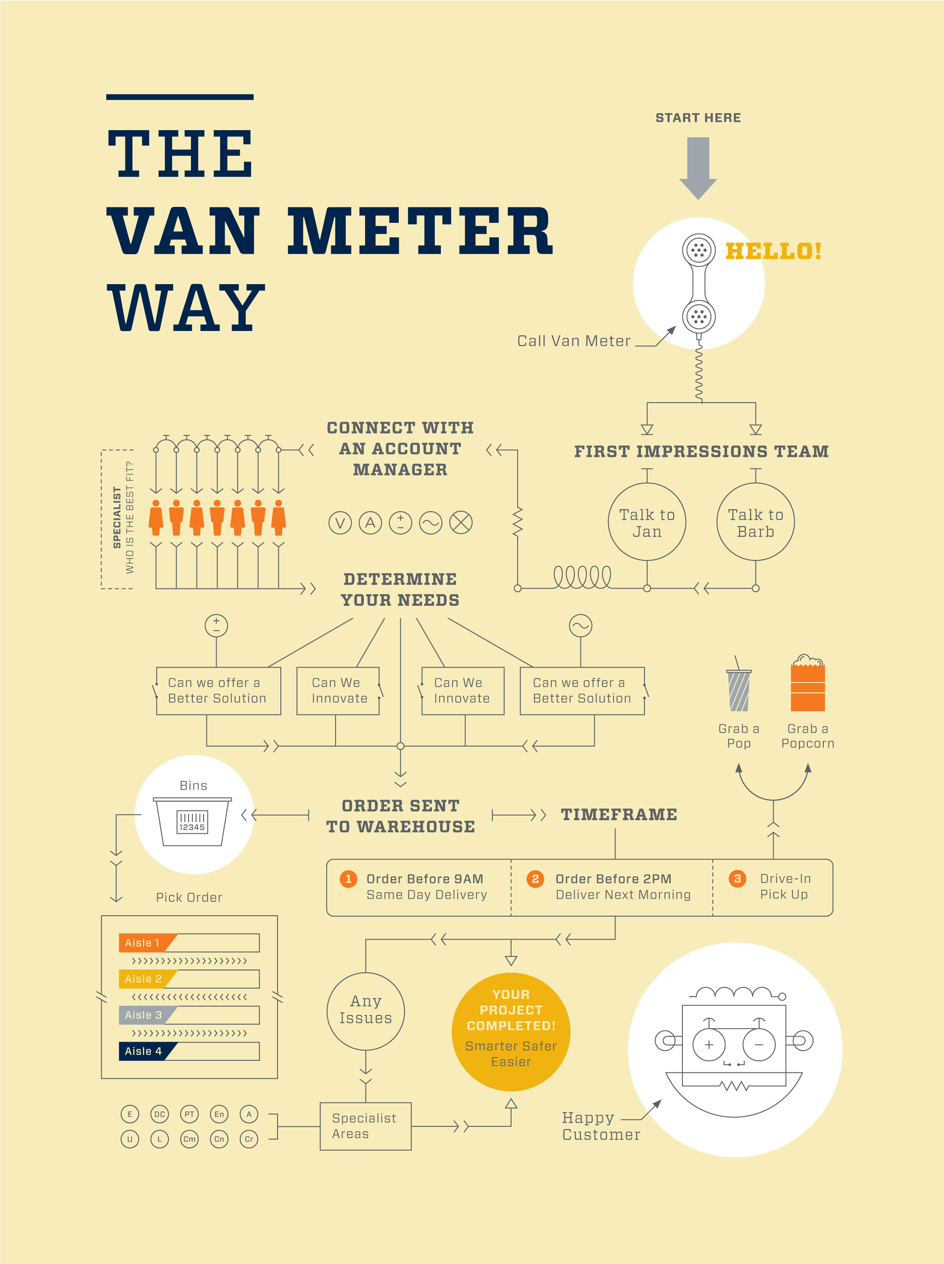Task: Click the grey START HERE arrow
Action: (698, 168)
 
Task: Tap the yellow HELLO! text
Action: (773, 251)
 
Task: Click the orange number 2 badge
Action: (535, 879)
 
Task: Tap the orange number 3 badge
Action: (737, 879)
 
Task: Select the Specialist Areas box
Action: (366, 1126)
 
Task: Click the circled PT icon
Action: (189, 1114)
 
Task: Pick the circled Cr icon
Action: (249, 1139)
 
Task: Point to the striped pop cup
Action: (739, 690)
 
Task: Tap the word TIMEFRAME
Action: (619, 815)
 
